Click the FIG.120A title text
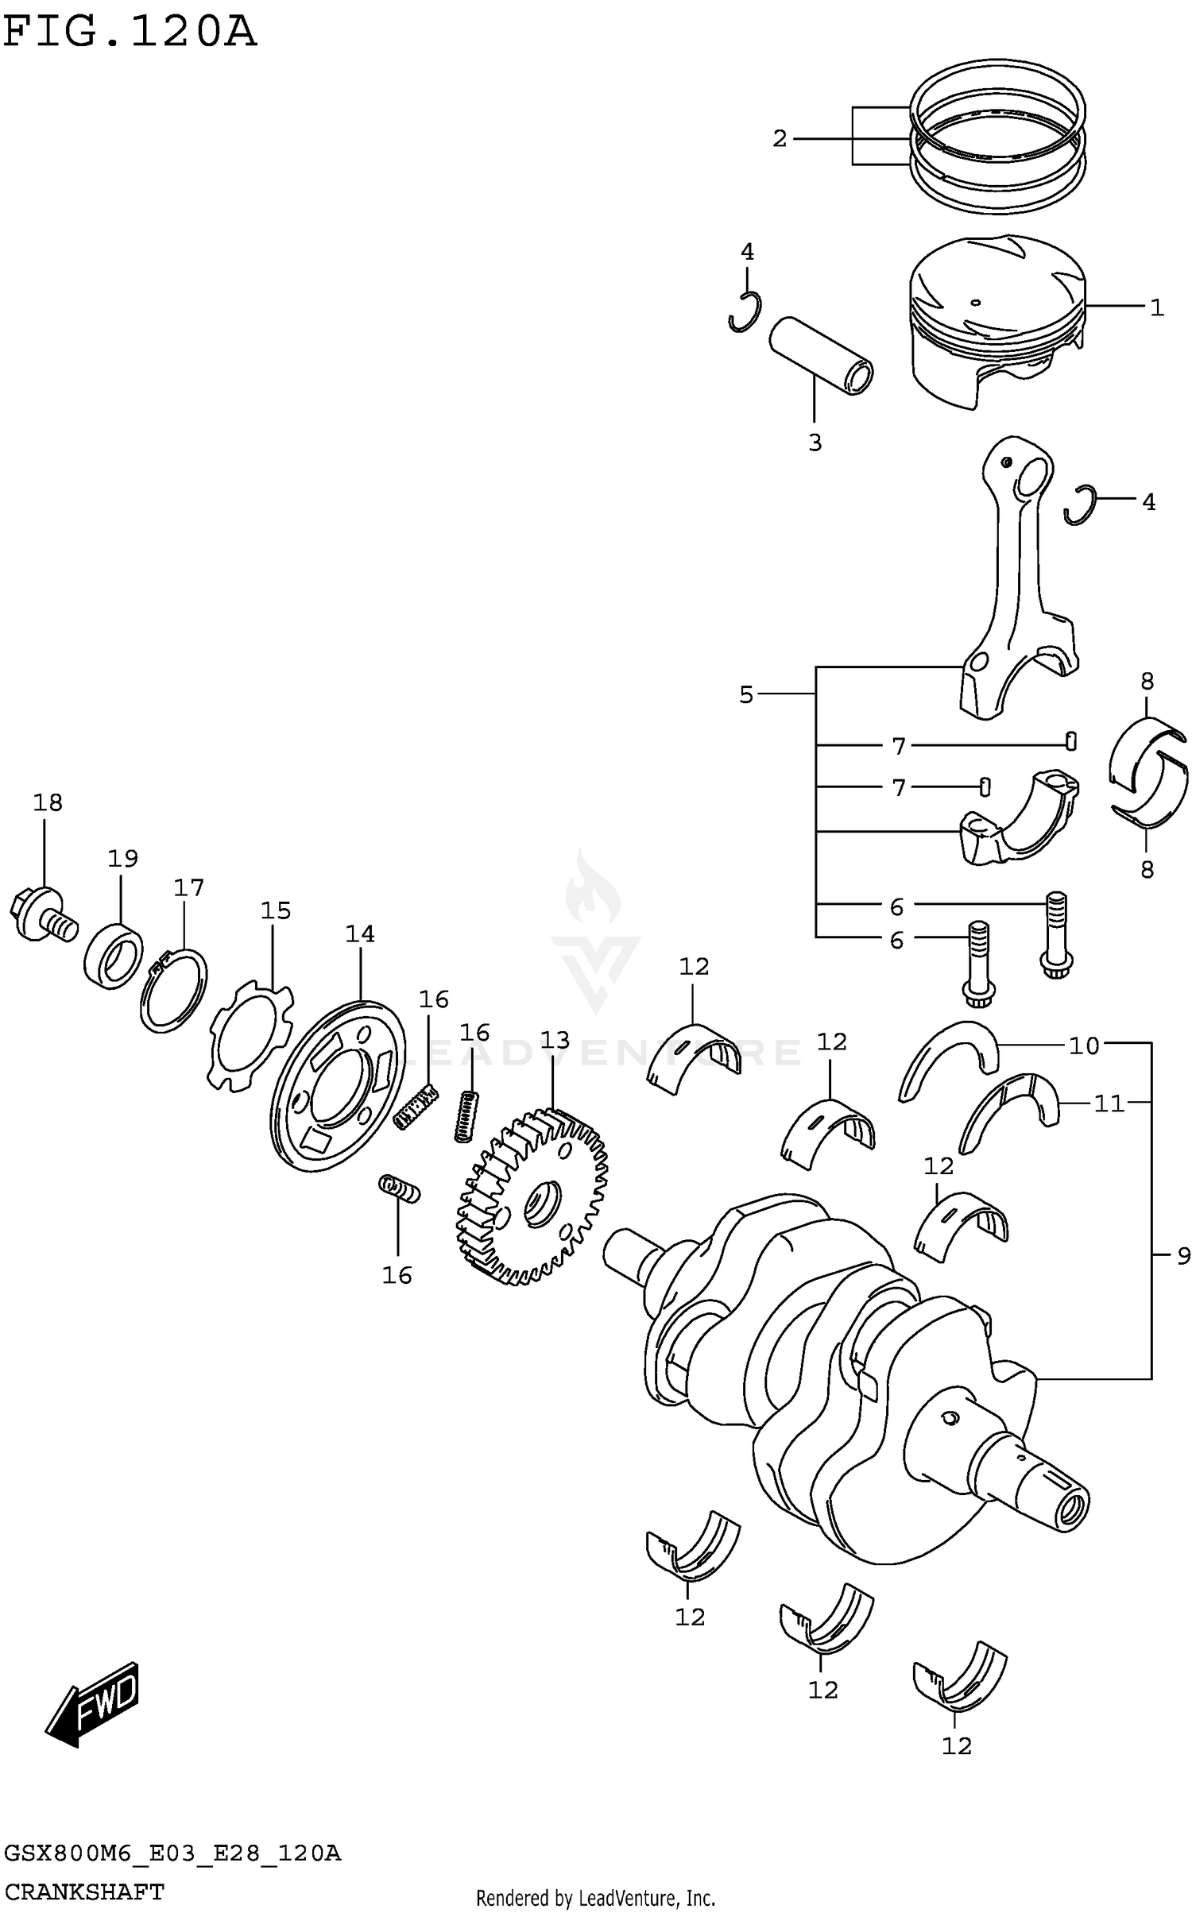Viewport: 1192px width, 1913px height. [x=130, y=33]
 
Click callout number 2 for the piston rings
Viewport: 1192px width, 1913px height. [x=780, y=139]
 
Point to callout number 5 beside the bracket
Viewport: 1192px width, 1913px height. [x=745, y=695]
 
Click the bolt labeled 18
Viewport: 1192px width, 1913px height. [x=44, y=915]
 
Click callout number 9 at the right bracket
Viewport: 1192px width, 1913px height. [x=1183, y=1257]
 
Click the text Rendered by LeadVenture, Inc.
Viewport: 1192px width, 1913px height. [x=595, y=1898]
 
